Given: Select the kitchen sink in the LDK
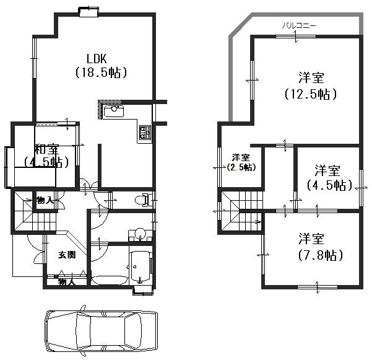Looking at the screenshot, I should pos(113,112).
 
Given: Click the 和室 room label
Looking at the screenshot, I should pos(46,149).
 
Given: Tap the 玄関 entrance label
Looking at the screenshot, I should pos(67,255).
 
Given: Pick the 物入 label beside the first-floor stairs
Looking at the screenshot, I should pos(45,200).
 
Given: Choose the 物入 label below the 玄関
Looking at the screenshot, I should pos(66,283).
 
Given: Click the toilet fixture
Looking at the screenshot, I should pos(144,200).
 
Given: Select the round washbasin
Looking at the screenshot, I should pos(141,235).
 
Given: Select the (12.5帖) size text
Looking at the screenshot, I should pos(311,94).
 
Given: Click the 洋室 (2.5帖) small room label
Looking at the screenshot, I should pos(241,162).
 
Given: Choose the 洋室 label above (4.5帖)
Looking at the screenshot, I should pos(326,170).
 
